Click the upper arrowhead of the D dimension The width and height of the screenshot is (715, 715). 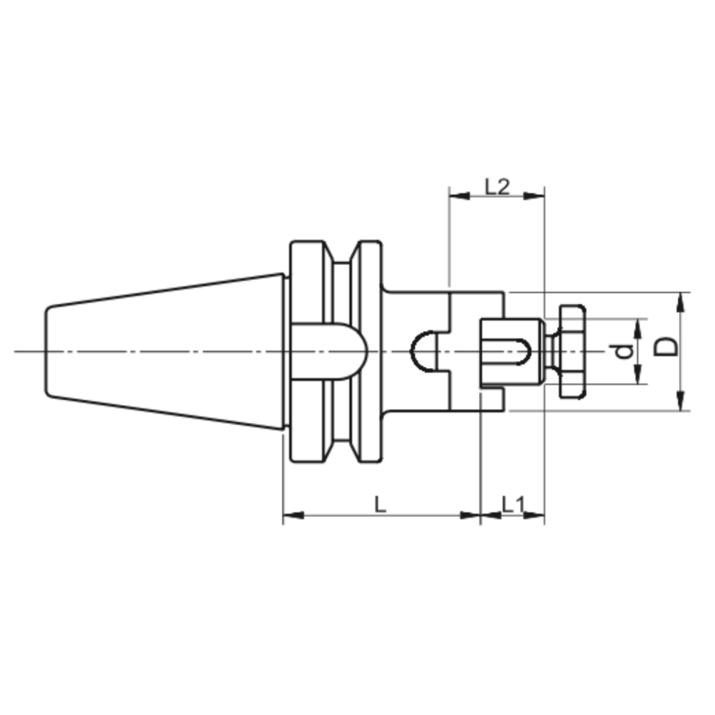pos(681,300)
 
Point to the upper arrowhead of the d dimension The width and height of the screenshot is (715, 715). pos(638,325)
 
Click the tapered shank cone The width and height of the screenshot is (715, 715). pos(164,351)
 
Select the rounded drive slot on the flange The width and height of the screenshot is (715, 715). pos(328,351)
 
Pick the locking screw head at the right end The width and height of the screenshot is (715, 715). pos(572,351)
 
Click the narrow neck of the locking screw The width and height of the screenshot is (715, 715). pos(552,351)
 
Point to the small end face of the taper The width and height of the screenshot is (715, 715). pos(48,351)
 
